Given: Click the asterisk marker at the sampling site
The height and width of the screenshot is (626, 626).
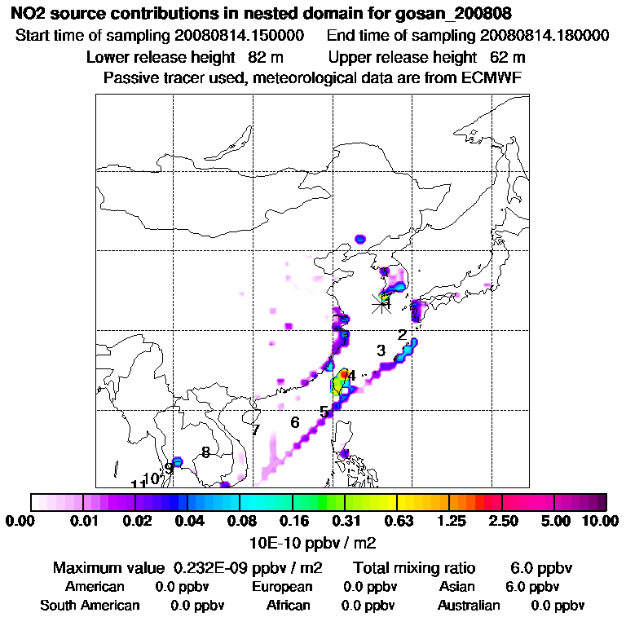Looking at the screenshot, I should click(x=381, y=303).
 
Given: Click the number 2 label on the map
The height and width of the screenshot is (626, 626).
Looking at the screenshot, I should click(x=402, y=335).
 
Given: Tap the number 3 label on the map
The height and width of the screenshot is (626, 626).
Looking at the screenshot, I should click(x=381, y=350).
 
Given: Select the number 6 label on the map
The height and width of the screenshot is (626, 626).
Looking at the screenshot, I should click(x=295, y=422).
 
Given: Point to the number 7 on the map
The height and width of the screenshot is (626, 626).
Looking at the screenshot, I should click(x=255, y=430).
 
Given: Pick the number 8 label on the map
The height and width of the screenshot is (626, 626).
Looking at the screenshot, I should click(x=205, y=452).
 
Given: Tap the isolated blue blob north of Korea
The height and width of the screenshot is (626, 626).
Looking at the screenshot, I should click(x=361, y=239).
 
